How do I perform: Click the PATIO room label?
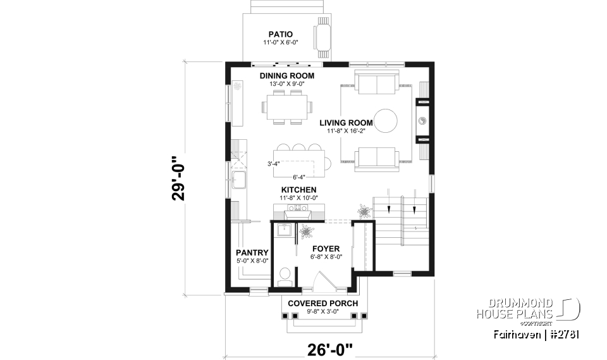coord(280,34)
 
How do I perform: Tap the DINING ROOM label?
coord(286,76)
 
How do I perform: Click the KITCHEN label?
coord(299,189)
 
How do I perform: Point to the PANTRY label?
coord(252,252)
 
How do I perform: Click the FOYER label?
coord(326,249)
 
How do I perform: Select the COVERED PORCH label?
coord(322,303)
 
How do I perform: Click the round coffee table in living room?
coord(385,120)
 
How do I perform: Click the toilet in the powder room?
coord(285,274)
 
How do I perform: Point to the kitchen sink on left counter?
coord(238,180)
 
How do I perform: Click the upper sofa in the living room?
coord(376,84)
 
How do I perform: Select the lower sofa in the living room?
coord(376,158)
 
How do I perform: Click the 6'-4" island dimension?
coord(299,177)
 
